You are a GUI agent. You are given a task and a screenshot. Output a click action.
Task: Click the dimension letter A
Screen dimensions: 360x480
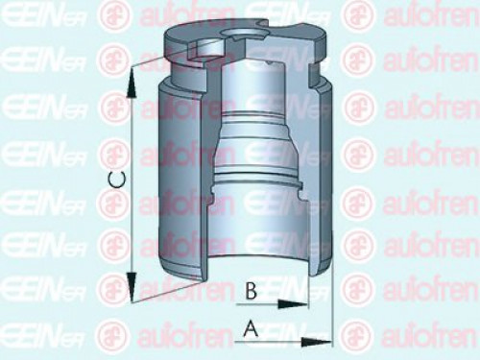click(252, 328)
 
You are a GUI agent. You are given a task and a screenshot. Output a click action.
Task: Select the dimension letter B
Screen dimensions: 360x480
click(249, 289)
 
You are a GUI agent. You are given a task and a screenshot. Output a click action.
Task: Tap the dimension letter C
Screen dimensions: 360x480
click(114, 178)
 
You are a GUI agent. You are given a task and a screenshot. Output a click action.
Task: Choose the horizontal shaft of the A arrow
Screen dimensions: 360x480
click(278, 342)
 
